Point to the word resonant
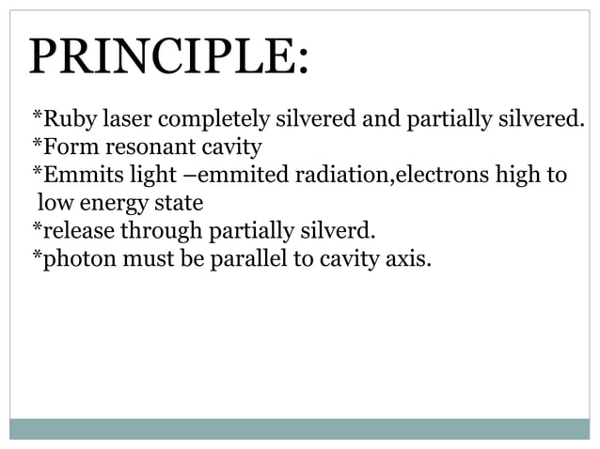click(x=138, y=147)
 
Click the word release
click(x=68, y=230)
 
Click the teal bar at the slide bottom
click(x=299, y=428)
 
